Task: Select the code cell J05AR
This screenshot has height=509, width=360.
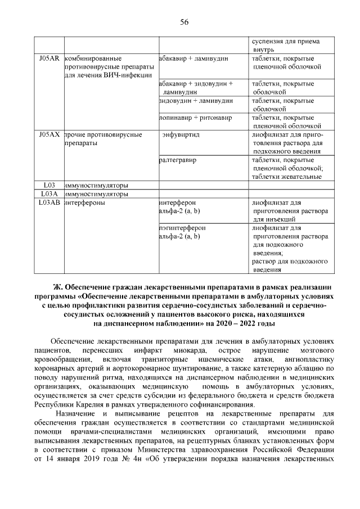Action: [x=49, y=58]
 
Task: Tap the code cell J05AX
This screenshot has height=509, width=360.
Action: [x=49, y=135]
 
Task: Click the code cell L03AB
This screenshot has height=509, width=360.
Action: [x=49, y=202]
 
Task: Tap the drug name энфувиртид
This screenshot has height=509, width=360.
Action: [x=181, y=135]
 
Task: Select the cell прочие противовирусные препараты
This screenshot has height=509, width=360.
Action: [x=102, y=139]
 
